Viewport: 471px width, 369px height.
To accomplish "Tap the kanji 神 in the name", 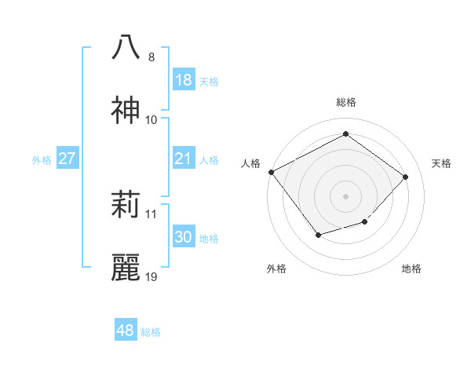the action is pos(126,111).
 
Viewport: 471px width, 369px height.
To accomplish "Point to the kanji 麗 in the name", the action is pos(126,268).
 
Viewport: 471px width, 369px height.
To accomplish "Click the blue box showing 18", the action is pos(184,80).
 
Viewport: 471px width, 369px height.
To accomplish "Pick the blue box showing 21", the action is pos(184,159).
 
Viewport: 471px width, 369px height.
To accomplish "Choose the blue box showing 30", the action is pos(184,238).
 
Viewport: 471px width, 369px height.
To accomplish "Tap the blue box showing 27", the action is pos(67,159).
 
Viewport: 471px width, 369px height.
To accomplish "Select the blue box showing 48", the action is pos(126,331).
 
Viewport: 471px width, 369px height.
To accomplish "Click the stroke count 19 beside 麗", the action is pos(152,277).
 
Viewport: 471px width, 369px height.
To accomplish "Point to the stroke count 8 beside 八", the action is pos(152,57).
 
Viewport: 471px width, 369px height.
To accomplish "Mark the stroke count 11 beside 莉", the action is pos(152,214).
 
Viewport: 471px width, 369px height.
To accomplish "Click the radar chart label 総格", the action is pos(346,102).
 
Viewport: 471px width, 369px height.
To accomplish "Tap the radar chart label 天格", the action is pos(442,163).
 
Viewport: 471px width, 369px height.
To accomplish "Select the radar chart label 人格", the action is pos(250,163).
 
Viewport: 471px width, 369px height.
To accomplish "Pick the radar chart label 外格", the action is pos(276,269).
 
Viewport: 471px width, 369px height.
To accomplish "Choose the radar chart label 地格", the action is pos(411,269).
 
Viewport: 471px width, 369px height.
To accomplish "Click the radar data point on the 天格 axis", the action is pos(405,177).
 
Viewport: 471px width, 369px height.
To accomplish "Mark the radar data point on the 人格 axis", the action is pos(272,172).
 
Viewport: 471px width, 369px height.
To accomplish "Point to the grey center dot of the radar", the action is pos(345,195).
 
